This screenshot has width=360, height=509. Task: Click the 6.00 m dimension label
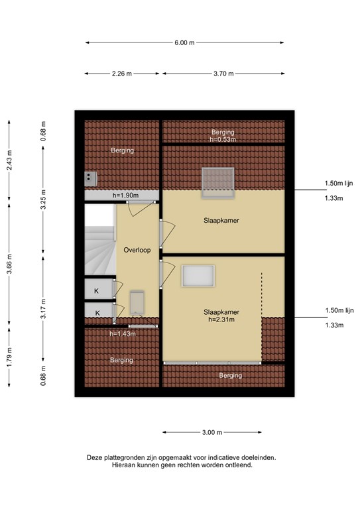pyautogui.click(x=184, y=42)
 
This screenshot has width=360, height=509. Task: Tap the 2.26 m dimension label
pyautogui.click(x=122, y=74)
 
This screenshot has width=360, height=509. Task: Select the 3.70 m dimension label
pyautogui.click(x=223, y=74)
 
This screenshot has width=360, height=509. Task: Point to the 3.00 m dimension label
pyautogui.click(x=212, y=432)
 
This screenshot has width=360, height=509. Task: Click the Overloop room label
pyautogui.click(x=137, y=250)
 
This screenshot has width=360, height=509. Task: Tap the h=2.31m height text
pyautogui.click(x=221, y=319)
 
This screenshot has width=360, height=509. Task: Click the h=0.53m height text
pyautogui.click(x=223, y=140)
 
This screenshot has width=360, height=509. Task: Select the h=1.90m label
pyautogui.click(x=125, y=196)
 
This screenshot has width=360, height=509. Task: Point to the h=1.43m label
pyautogui.click(x=123, y=334)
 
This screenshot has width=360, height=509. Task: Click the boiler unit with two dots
pyautogui.click(x=91, y=179)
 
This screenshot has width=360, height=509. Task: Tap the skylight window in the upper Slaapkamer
pyautogui.click(x=218, y=182)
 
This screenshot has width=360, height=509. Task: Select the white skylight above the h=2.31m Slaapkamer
pyautogui.click(x=198, y=276)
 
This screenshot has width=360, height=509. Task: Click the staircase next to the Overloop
pyautogui.click(x=100, y=239)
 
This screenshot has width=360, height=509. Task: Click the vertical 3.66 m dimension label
pyautogui.click(x=9, y=264)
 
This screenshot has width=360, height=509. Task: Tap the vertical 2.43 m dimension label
pyautogui.click(x=9, y=160)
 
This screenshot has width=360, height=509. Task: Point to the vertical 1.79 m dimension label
pyautogui.click(x=9, y=357)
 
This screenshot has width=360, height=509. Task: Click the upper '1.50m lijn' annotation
pyautogui.click(x=339, y=183)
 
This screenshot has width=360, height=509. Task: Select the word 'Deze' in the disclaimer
pyautogui.click(x=94, y=458)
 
